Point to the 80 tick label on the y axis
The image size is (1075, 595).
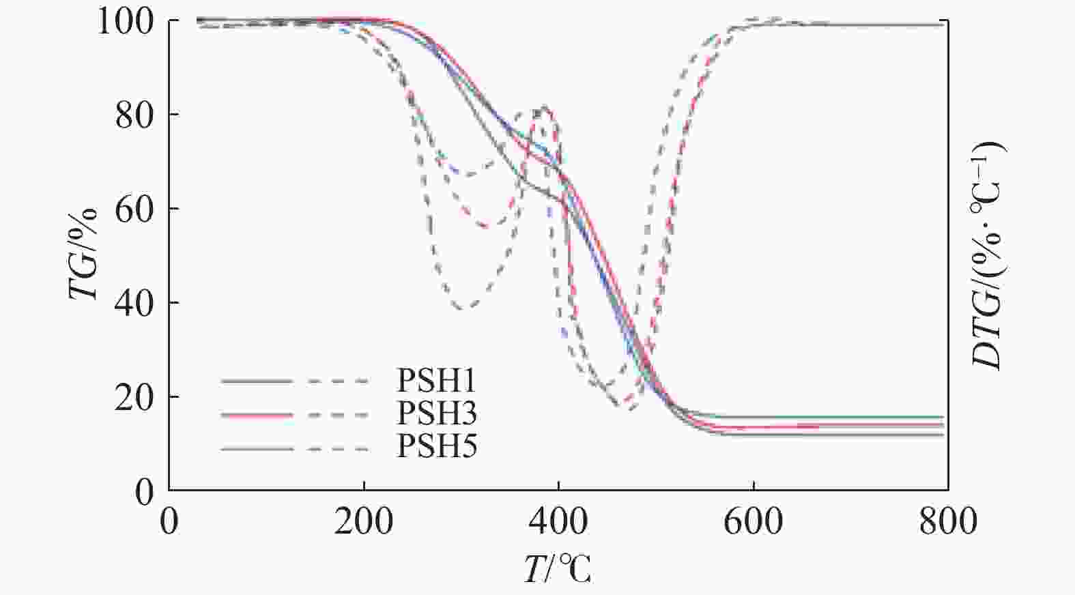click(x=134, y=115)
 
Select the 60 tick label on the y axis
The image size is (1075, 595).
click(x=134, y=209)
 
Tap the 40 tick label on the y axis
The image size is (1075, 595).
click(x=134, y=303)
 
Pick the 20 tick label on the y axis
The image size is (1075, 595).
click(x=134, y=397)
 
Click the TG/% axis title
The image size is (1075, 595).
click(x=83, y=254)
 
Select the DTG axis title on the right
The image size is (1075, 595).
click(x=987, y=255)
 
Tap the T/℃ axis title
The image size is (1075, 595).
click(x=558, y=569)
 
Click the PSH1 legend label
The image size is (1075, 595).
click(x=437, y=381)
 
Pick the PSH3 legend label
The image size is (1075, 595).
click(x=437, y=414)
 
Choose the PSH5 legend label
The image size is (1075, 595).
click(x=437, y=448)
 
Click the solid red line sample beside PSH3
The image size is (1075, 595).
click(x=257, y=415)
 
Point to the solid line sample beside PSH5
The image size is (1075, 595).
click(x=257, y=449)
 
